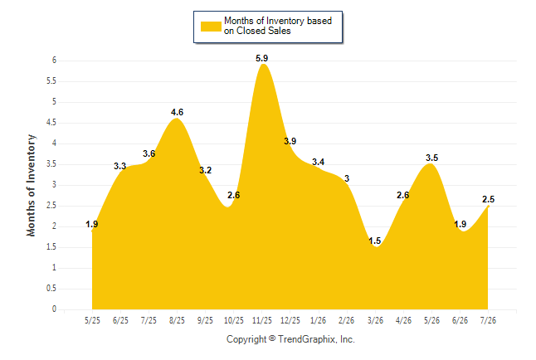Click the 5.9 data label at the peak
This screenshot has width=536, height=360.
pyautogui.click(x=262, y=58)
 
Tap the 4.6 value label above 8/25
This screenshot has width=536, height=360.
pyautogui.click(x=177, y=112)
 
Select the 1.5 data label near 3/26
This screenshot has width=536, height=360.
pyautogui.click(x=375, y=241)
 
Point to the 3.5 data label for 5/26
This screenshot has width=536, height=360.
pyautogui.click(x=431, y=158)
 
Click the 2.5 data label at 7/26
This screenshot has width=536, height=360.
pyautogui.click(x=488, y=199)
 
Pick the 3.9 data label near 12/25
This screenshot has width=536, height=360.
pyautogui.click(x=290, y=141)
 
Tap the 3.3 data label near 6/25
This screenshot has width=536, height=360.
pyautogui.click(x=120, y=166)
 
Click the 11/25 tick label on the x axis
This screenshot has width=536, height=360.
pyautogui.click(x=262, y=320)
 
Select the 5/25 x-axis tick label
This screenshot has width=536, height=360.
pyautogui.click(x=92, y=320)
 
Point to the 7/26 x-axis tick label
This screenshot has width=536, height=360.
pyautogui.click(x=488, y=320)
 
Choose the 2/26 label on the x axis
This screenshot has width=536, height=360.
pyautogui.click(x=346, y=320)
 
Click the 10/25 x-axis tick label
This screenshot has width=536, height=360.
pyautogui.click(x=234, y=320)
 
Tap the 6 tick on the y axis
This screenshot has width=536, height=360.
pyautogui.click(x=54, y=61)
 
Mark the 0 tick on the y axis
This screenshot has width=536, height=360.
pyautogui.click(x=54, y=309)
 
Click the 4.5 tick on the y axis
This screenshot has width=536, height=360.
pyautogui.click(x=51, y=123)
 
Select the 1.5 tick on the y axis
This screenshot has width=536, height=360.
pyautogui.click(x=51, y=247)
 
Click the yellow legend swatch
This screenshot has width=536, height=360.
pyautogui.click(x=211, y=27)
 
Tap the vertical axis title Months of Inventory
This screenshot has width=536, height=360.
pyautogui.click(x=31, y=185)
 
